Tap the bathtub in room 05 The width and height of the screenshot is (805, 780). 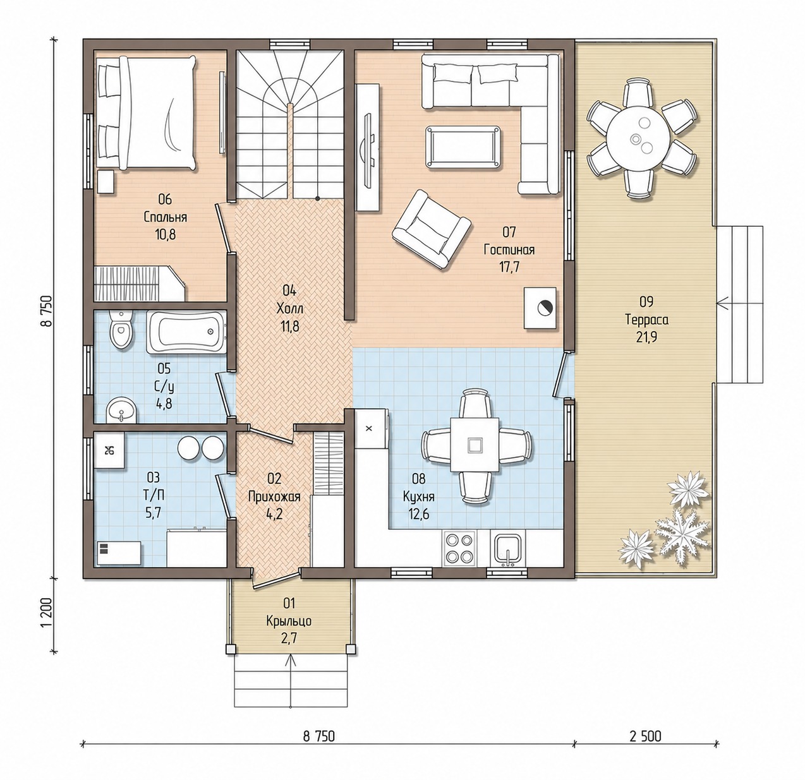[186, 332]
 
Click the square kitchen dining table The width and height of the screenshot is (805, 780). [475, 445]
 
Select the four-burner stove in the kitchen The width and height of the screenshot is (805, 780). [459, 548]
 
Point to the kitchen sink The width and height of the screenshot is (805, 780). [507, 548]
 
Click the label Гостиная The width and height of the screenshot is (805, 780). [509, 250]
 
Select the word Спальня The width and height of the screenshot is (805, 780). [165, 217]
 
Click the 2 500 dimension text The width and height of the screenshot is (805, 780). [645, 736]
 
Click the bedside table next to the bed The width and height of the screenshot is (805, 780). [106, 181]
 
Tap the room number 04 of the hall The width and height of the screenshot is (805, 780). [289, 291]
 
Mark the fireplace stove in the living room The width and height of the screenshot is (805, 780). [540, 308]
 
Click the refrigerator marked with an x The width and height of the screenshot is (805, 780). [370, 428]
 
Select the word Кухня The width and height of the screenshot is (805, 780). [418, 496]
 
